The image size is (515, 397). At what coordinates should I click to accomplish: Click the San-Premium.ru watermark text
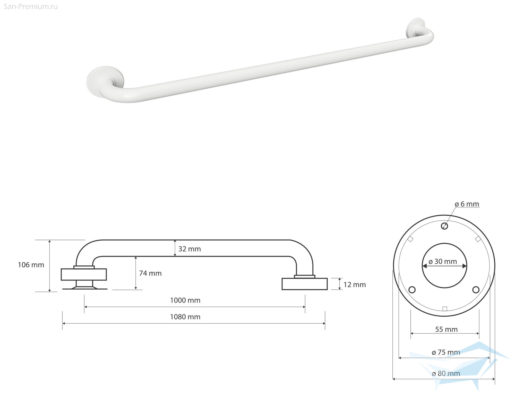point(31,7)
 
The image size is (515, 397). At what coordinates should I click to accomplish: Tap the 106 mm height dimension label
point(31,265)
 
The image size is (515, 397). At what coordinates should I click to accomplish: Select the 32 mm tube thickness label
point(190,249)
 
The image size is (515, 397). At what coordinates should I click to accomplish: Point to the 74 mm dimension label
point(150,273)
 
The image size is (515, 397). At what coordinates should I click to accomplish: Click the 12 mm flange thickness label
point(355,285)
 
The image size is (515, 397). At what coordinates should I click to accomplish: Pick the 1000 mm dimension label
point(185,300)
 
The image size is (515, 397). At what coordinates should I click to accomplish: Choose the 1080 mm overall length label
point(185,317)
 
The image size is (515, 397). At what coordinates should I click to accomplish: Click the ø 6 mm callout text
point(467,204)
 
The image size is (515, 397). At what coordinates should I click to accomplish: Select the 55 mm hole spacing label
point(446,329)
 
